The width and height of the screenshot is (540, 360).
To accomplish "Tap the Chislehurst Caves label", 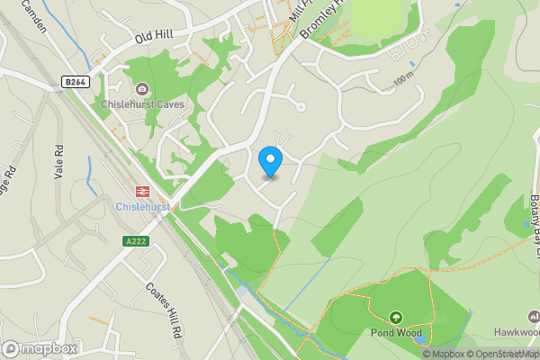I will [148, 104].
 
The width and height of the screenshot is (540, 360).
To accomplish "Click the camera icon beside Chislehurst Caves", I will [142, 88].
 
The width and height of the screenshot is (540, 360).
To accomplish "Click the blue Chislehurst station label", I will [142, 206].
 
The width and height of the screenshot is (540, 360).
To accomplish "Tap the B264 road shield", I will [75, 82].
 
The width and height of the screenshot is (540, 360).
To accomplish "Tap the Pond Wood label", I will [394, 332].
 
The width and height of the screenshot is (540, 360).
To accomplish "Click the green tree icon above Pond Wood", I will [394, 317].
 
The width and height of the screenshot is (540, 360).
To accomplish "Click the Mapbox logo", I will [40, 348].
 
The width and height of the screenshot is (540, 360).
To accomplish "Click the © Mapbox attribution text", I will [442, 354].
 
